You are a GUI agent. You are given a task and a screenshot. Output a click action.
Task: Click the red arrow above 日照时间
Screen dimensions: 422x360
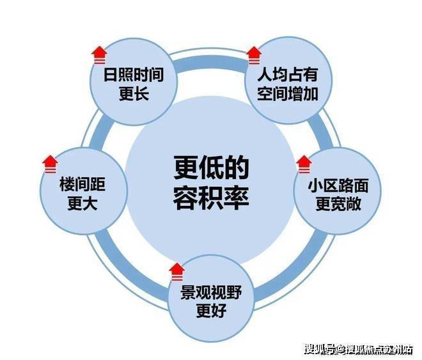pos(99,55)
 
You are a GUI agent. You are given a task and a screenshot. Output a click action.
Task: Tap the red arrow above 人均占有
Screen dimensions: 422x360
pos(254,56)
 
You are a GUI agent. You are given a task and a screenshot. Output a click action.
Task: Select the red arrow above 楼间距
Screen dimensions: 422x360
pos(51,164)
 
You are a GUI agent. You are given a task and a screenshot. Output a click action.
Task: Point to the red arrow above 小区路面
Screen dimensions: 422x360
pos(304,164)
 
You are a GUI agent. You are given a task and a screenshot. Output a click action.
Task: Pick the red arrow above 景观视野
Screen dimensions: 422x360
pos(177,272)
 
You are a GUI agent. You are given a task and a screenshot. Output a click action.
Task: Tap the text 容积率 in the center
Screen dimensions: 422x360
pos(211,198)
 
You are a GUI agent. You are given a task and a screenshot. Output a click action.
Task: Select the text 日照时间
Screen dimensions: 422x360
pos(134,75)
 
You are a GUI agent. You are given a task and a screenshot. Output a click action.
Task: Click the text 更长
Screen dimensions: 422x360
pos(134,94)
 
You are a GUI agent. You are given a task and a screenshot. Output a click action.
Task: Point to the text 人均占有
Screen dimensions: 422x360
pos(288,75)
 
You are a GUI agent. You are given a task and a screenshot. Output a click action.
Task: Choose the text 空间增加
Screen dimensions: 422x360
pos(288,94)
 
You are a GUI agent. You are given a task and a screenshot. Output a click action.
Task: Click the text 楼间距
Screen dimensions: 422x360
pos(82,184)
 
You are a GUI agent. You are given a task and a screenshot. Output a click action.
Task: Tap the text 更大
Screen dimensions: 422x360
pos(82,203)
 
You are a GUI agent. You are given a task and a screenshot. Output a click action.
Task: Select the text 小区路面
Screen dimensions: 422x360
pos(338,185)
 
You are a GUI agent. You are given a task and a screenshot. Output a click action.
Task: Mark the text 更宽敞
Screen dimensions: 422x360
pos(338,204)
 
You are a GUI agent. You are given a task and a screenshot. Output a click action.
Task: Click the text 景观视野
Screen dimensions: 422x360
pos(211,292)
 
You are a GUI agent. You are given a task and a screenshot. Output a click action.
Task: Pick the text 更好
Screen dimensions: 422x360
pos(211,311)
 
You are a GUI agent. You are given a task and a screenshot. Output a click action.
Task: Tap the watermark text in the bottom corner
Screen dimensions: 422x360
pos(359,350)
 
